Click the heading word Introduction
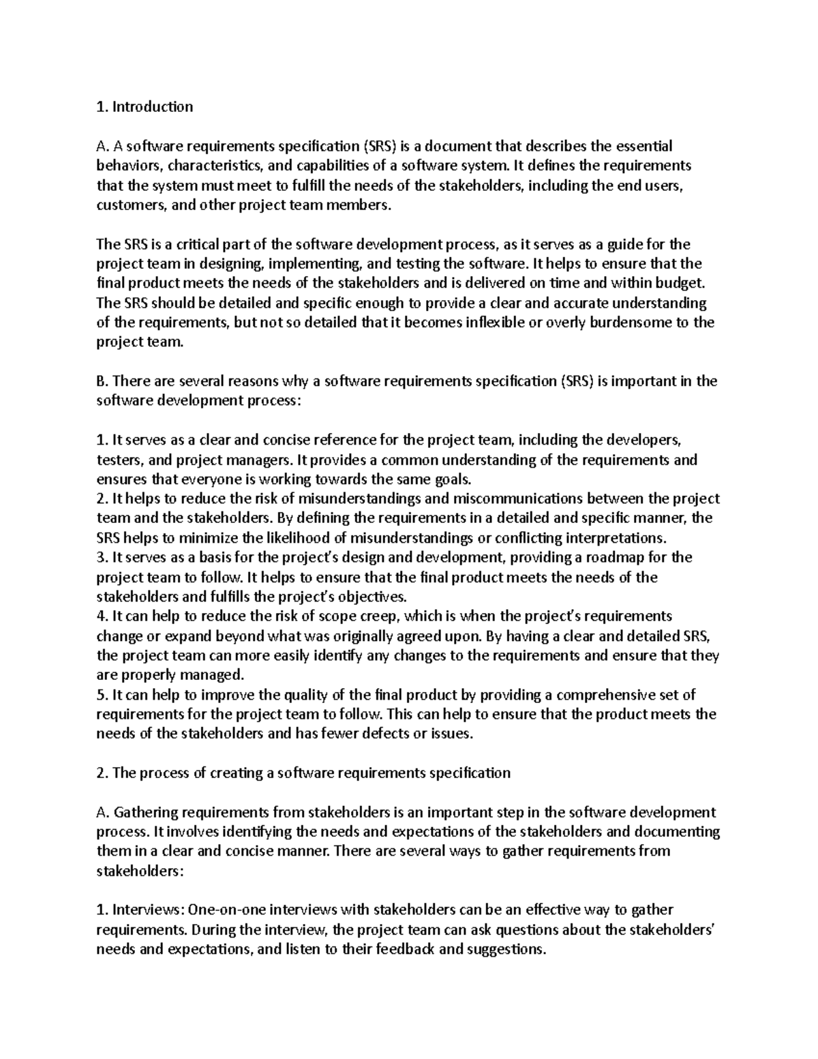point(153,106)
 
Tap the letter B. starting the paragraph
point(102,381)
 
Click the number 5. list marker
point(102,695)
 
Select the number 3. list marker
point(102,558)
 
